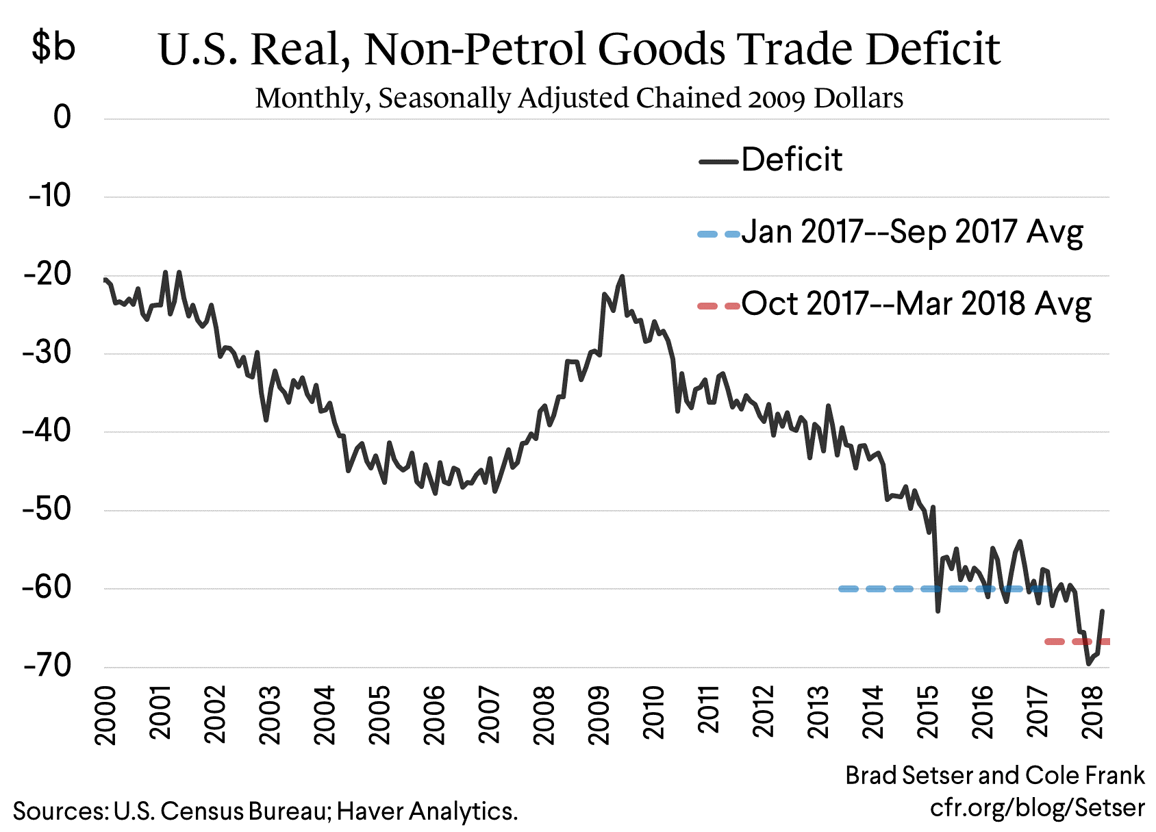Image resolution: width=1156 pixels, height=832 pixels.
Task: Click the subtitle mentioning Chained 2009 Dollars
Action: pos(579,98)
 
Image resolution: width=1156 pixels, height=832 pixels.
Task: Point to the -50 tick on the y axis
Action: pos(47,509)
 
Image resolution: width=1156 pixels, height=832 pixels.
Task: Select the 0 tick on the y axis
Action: pos(62,118)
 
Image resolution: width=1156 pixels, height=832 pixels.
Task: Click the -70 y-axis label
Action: pos(47,666)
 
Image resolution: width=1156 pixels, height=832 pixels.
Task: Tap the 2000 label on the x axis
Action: pos(105,714)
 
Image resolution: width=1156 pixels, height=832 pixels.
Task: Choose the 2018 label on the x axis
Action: pos(1093,714)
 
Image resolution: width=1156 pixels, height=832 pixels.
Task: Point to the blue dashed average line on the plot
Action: pos(890,589)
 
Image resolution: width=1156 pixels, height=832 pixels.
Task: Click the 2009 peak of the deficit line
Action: pos(622,277)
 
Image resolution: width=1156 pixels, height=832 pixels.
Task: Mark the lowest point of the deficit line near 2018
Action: pos(1088,664)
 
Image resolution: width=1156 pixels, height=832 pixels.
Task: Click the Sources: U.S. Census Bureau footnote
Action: pos(265,811)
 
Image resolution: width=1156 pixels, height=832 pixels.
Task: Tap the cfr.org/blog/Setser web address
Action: pos(1036,807)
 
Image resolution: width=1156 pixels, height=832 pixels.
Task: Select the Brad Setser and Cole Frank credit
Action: pos(994,775)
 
